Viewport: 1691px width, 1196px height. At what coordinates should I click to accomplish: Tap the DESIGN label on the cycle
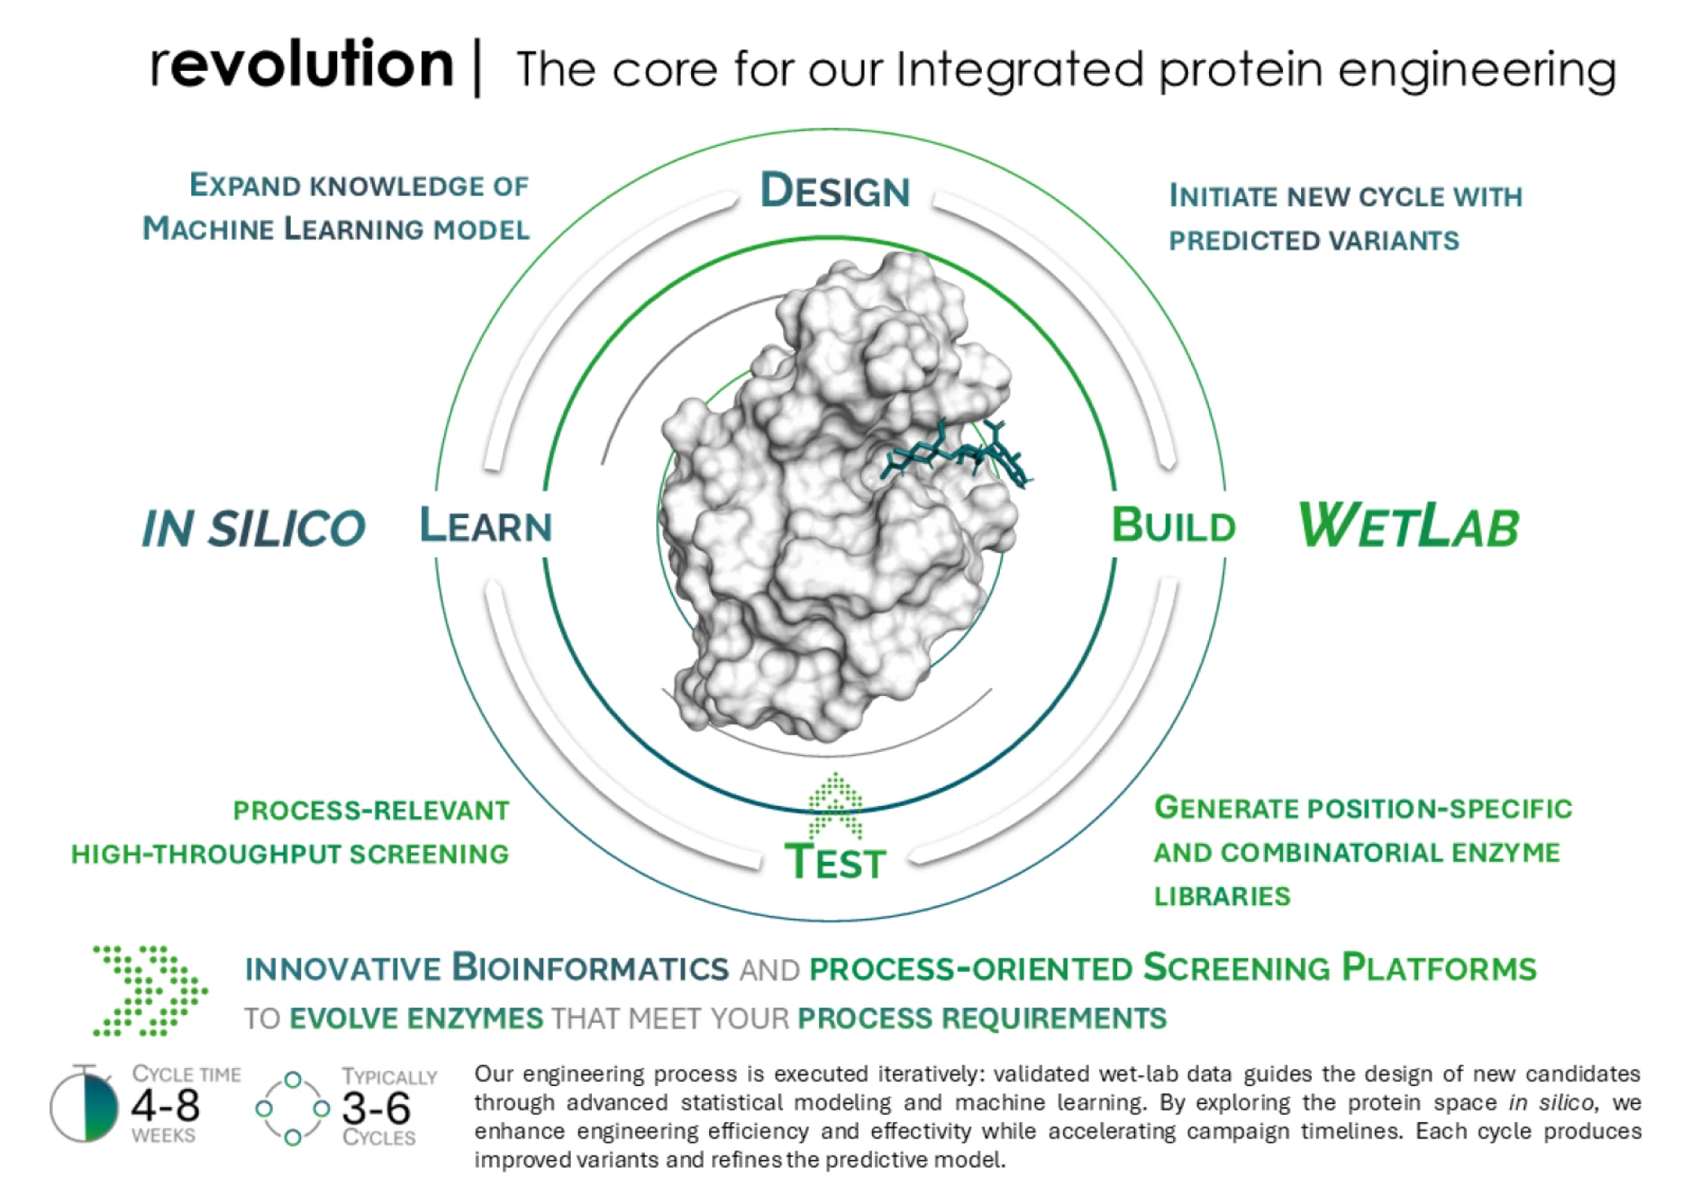tap(835, 191)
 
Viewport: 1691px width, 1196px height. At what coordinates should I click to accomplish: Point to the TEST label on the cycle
tap(835, 861)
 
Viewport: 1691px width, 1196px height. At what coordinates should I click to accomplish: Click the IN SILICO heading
tap(254, 528)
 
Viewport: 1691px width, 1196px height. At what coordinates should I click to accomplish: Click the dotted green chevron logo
tap(149, 990)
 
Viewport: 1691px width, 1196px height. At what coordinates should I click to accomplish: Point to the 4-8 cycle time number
tap(165, 1106)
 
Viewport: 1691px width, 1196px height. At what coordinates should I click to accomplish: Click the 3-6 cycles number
tap(377, 1109)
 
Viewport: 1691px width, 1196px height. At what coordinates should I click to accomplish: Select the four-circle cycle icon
tap(293, 1109)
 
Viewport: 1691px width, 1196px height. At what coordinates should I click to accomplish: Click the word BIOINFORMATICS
tap(590, 967)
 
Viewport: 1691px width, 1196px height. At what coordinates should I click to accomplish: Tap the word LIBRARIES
tap(1222, 896)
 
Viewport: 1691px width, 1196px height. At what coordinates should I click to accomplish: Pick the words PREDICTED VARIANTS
tap(1314, 241)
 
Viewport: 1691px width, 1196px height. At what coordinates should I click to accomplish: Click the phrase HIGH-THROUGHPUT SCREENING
tap(290, 854)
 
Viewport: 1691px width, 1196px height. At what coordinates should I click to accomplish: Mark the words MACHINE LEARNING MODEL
tap(336, 228)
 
